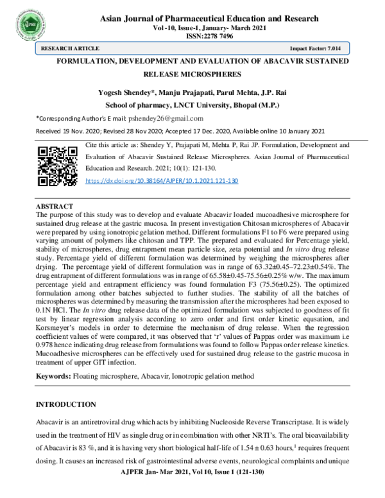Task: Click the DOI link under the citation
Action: pos(162,181)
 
